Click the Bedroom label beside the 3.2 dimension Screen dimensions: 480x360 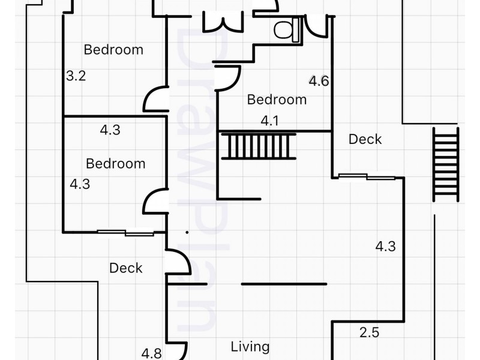point(113,50)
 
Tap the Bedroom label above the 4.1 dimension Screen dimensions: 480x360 point(277,100)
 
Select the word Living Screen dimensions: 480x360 point(250,347)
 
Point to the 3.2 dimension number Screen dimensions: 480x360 point(76,76)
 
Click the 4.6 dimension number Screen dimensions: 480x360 point(319,81)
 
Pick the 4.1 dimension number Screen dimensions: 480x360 point(269,121)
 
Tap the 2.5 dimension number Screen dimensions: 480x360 point(369,332)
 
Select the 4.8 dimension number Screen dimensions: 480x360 point(152,353)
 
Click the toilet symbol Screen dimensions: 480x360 point(287,29)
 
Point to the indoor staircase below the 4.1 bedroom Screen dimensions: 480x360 point(259,146)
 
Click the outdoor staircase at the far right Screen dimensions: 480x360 point(445,164)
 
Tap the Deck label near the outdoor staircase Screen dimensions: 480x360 point(365,139)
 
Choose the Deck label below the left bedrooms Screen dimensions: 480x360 point(126,268)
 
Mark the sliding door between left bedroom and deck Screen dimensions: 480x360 point(125,233)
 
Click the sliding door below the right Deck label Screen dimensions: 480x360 point(367,176)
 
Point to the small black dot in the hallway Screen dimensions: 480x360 point(187,232)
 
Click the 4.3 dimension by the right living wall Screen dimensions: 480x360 point(385,247)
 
